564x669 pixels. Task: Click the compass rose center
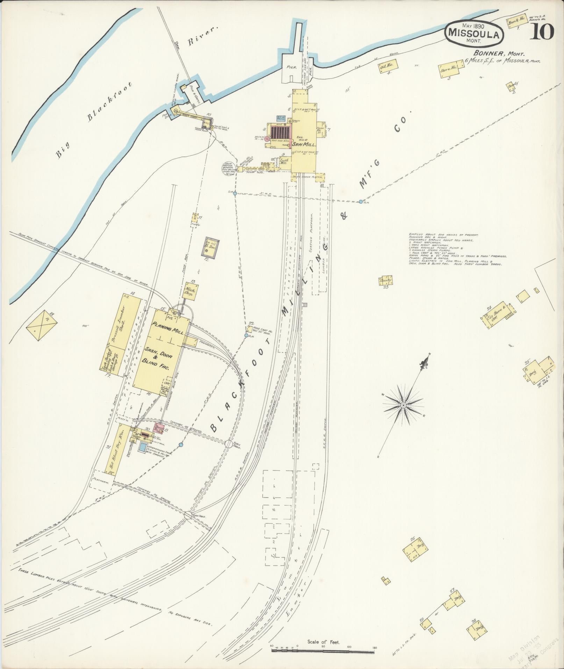(x=403, y=405)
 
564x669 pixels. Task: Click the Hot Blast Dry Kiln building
(x=116, y=448)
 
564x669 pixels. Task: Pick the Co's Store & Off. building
(x=498, y=314)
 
